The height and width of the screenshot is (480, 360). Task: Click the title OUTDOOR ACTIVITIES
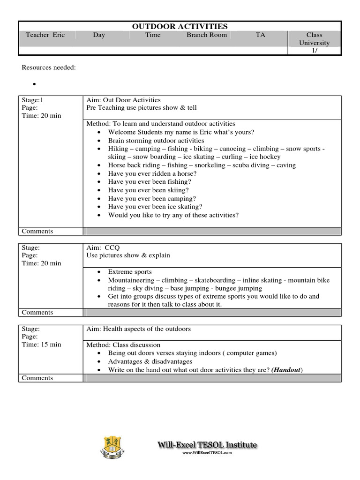click(180, 26)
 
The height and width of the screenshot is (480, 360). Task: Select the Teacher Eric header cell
click(45, 35)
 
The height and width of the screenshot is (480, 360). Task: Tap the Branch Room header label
click(207, 35)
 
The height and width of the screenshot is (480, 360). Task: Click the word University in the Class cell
click(314, 43)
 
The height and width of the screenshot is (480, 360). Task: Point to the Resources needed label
click(49, 67)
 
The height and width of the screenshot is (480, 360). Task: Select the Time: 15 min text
click(42, 345)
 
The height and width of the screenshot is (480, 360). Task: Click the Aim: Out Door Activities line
click(124, 100)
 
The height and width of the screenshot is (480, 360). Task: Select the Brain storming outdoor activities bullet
click(156, 141)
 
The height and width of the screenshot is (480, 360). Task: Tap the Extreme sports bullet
click(130, 272)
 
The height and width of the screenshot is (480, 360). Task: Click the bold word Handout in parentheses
click(287, 370)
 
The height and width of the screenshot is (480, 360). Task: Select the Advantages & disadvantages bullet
click(150, 361)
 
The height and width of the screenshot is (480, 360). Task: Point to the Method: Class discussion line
click(123, 345)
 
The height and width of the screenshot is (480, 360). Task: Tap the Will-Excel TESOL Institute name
click(207, 445)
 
